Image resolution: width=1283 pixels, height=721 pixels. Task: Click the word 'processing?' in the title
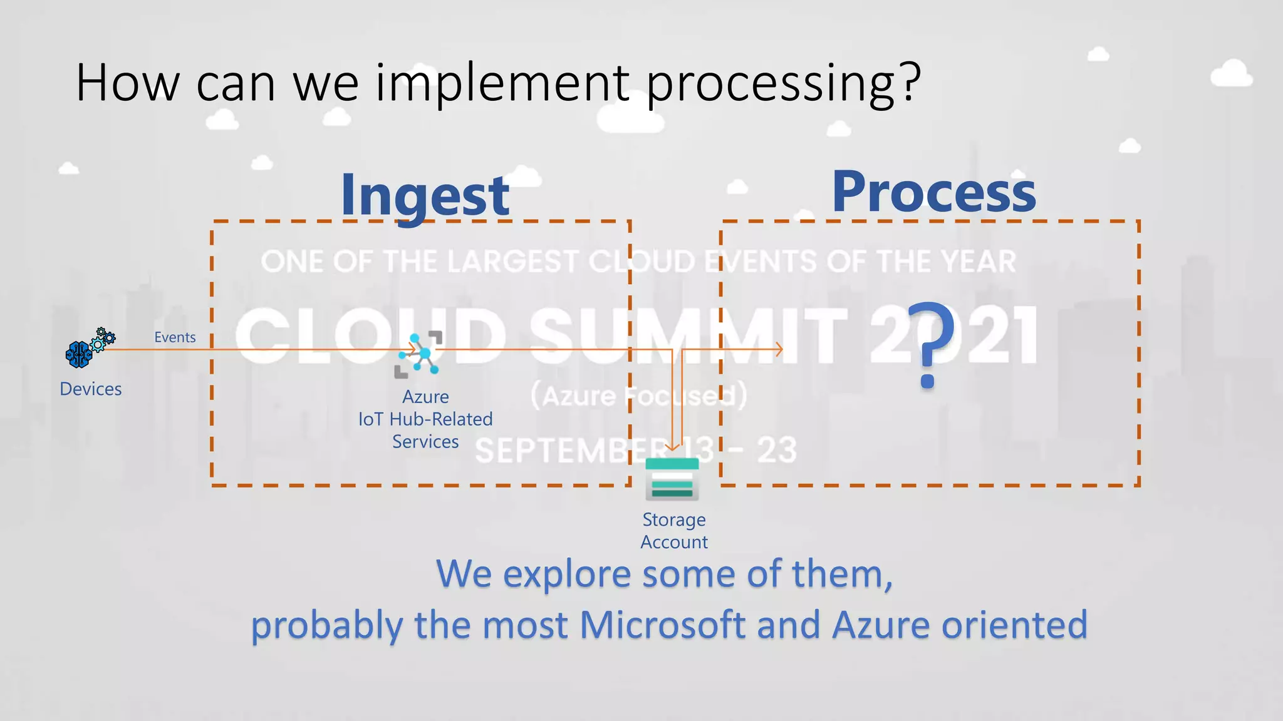[x=783, y=84]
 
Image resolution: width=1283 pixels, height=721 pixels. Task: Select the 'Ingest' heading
[x=425, y=196]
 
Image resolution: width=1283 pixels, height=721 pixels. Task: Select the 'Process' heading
[x=933, y=193]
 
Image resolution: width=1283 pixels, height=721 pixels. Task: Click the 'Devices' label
[x=91, y=389]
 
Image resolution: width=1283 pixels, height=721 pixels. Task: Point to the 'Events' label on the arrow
[x=175, y=337]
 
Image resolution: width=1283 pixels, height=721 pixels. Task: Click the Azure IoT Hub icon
[x=419, y=354]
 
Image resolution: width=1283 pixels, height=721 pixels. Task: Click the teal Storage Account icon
[x=672, y=479]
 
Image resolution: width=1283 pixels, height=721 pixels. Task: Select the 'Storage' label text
[x=674, y=520]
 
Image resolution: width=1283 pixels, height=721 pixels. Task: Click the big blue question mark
[x=930, y=344]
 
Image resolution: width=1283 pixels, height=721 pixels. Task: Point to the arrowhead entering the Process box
[x=779, y=350]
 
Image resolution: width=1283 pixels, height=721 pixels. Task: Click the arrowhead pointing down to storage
[x=672, y=447]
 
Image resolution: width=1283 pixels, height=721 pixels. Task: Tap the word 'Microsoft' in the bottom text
[x=663, y=625]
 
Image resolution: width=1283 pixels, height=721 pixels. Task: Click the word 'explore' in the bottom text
[x=567, y=574]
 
